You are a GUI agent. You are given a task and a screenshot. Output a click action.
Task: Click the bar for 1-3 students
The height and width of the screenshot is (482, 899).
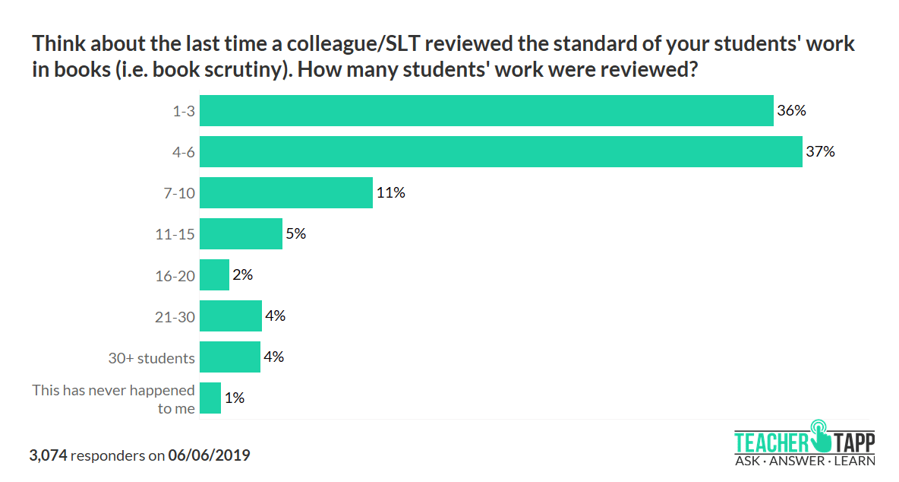tap(486, 111)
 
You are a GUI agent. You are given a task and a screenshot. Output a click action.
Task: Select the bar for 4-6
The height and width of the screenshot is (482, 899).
tap(500, 152)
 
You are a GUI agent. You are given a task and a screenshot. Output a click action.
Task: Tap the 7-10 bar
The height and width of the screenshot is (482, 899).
tap(285, 193)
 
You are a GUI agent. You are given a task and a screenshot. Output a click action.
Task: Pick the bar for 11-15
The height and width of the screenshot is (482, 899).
tap(241, 234)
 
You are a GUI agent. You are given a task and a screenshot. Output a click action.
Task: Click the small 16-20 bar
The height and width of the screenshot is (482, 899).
tap(214, 275)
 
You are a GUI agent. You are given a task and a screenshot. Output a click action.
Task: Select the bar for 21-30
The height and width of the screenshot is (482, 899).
tap(230, 316)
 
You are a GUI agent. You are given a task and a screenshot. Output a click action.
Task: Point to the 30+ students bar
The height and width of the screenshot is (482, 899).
tap(229, 357)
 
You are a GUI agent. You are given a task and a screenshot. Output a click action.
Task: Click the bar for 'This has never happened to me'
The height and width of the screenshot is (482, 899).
tap(210, 398)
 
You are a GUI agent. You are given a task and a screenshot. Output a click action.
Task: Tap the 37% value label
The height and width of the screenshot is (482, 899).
tap(820, 152)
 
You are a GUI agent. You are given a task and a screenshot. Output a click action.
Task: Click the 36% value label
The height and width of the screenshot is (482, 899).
tap(791, 111)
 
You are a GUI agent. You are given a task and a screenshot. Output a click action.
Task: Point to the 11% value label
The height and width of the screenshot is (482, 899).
tap(390, 193)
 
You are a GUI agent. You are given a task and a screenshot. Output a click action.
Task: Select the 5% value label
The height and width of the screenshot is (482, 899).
tap(296, 234)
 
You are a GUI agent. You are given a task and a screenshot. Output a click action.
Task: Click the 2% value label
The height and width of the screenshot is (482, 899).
tap(243, 275)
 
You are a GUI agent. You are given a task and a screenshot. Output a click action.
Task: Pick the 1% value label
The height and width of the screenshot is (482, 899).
tap(234, 398)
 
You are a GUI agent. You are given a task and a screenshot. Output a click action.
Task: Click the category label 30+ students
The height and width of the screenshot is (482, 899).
tap(152, 358)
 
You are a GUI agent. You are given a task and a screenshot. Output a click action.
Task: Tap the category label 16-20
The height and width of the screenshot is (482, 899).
tap(175, 276)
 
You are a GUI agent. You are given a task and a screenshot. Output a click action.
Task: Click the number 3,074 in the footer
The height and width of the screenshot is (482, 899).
tap(49, 456)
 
